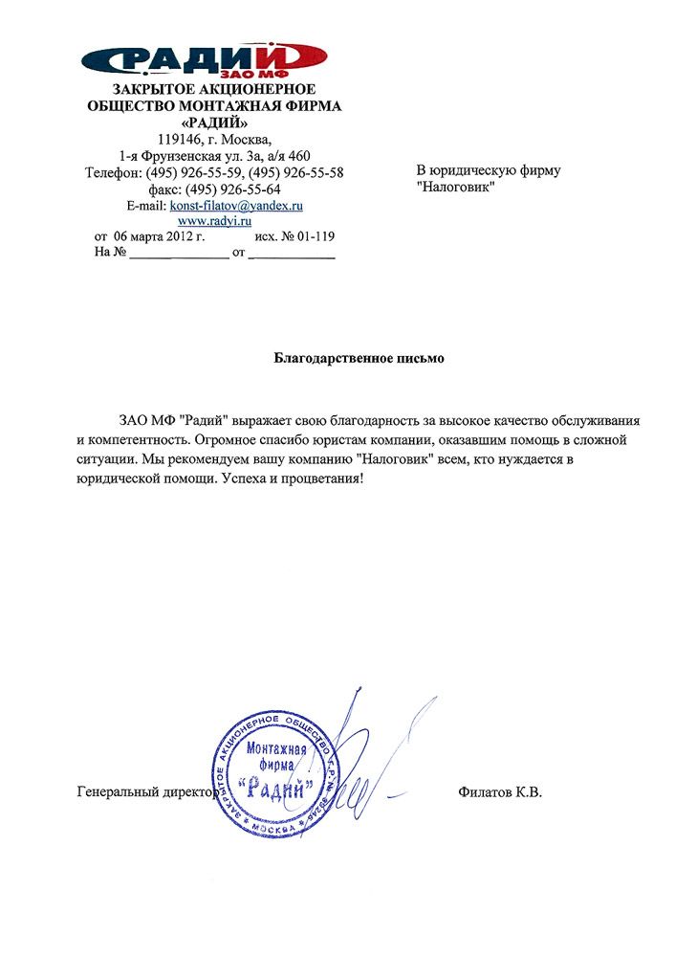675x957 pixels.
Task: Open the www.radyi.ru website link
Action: click(x=221, y=220)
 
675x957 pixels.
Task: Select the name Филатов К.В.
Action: click(x=500, y=792)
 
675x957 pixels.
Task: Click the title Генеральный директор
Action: click(x=142, y=792)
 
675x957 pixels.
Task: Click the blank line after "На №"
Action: click(x=179, y=255)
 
